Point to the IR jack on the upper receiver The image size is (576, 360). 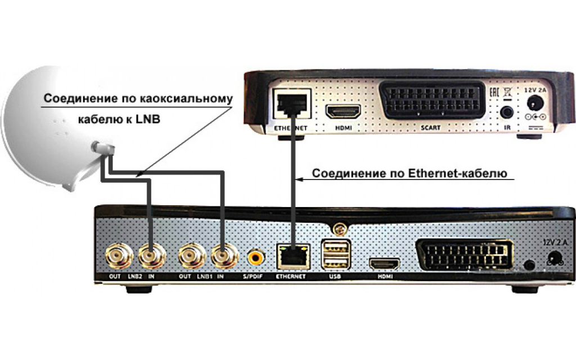[508, 111]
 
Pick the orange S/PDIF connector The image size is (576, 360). [256, 258]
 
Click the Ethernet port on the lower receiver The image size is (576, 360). [291, 257]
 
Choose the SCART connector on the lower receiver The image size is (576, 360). [465, 256]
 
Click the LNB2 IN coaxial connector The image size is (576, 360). [151, 257]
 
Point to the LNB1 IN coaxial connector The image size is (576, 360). [224, 257]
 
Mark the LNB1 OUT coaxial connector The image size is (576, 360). [191, 257]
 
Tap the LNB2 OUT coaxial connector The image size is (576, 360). [120, 257]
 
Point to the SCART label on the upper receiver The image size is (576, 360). [430, 128]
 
